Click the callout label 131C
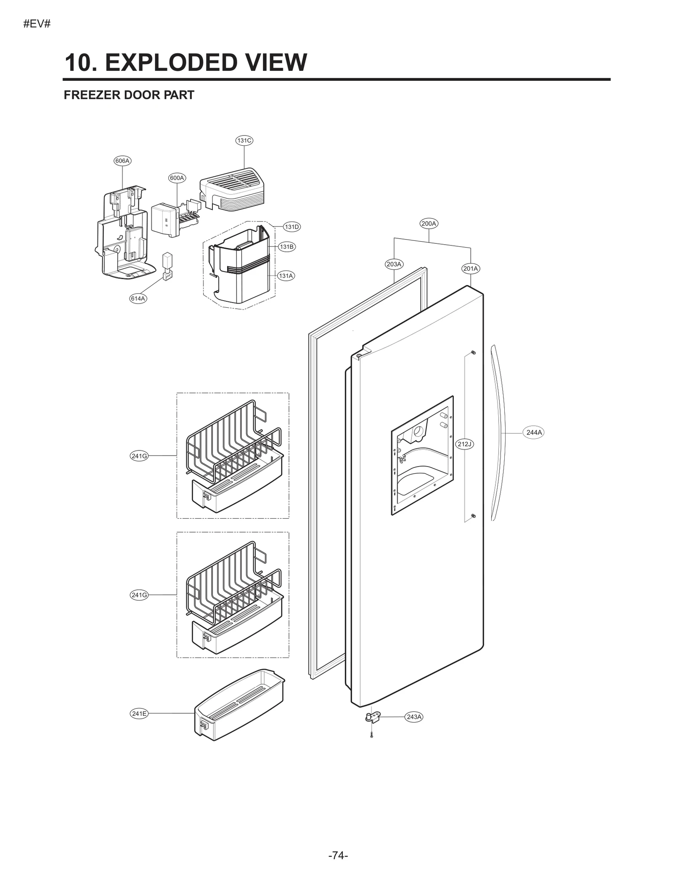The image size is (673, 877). pyautogui.click(x=244, y=141)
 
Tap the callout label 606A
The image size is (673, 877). pyautogui.click(x=122, y=161)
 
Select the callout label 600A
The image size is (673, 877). pyautogui.click(x=177, y=178)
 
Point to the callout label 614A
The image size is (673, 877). pyautogui.click(x=138, y=299)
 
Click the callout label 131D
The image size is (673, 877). pyautogui.click(x=291, y=227)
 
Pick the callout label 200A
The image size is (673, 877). pyautogui.click(x=429, y=224)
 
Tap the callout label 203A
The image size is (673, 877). pyautogui.click(x=394, y=264)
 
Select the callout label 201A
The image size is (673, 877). pyautogui.click(x=471, y=269)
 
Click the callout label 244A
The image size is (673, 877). pyautogui.click(x=534, y=432)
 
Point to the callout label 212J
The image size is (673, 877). pyautogui.click(x=465, y=444)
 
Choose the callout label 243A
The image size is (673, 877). pyautogui.click(x=414, y=717)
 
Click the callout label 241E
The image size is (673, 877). pyautogui.click(x=139, y=714)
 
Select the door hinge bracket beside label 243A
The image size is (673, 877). pyautogui.click(x=373, y=717)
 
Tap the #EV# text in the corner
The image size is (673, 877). pyautogui.click(x=37, y=24)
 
